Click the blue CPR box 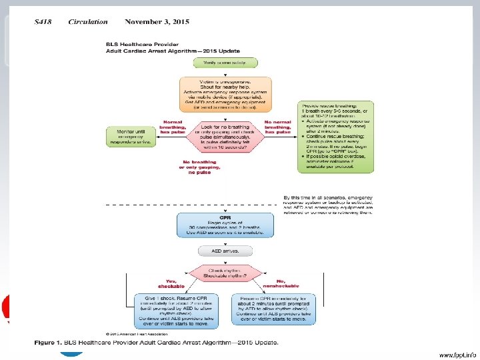(225, 225)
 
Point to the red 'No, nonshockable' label (283, 283)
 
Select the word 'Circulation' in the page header (87, 22)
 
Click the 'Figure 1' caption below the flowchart (156, 343)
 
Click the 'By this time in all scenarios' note (328, 205)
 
